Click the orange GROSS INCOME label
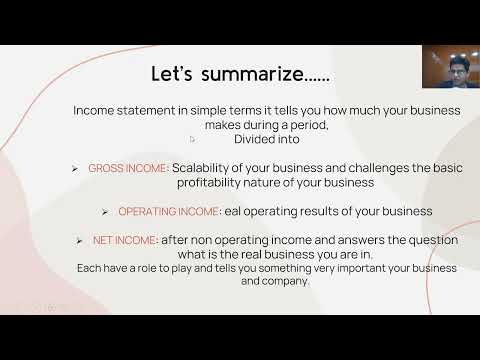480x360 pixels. tap(128, 168)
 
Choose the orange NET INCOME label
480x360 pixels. tap(126, 240)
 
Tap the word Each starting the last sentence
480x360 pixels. tap(88, 269)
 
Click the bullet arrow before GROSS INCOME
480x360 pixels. tap(75, 169)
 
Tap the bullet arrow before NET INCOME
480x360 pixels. tap(80, 241)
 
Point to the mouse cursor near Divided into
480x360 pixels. tap(194, 140)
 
